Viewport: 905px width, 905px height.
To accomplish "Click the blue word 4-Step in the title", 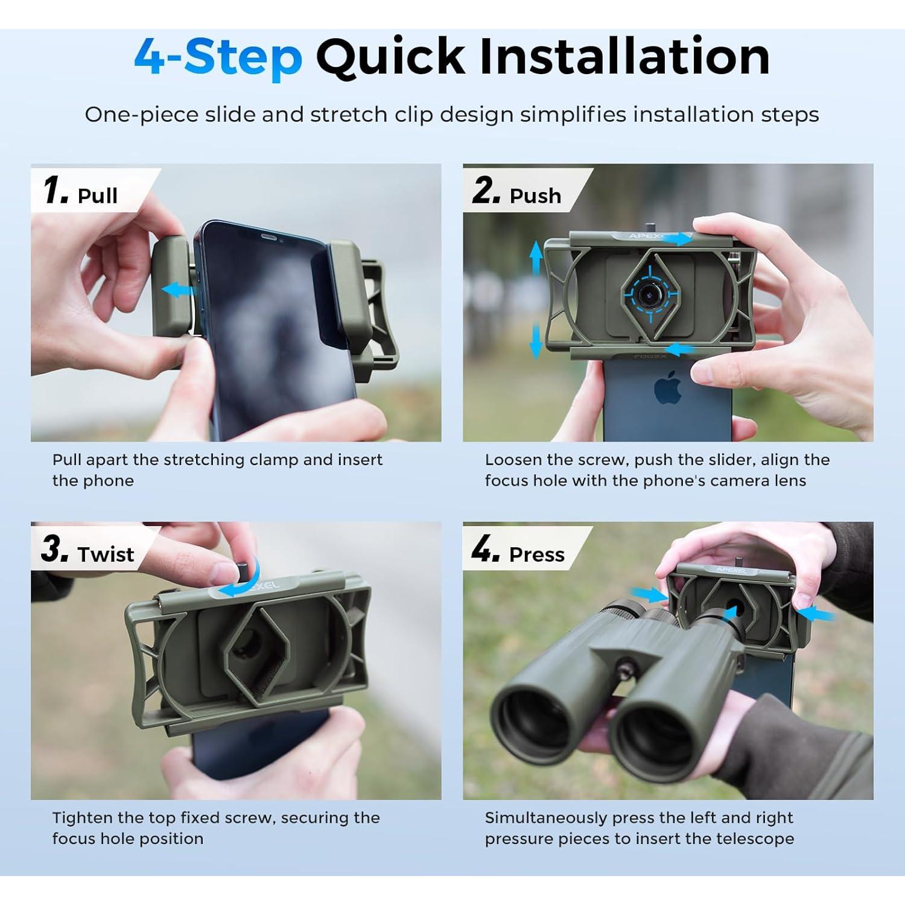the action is point(218,57).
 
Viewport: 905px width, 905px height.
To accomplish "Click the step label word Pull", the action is point(98,195).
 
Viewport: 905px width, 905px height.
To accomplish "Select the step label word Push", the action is point(535,195).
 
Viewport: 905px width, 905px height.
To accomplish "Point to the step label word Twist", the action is point(106,554).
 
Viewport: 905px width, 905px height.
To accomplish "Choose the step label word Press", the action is point(537,554).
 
